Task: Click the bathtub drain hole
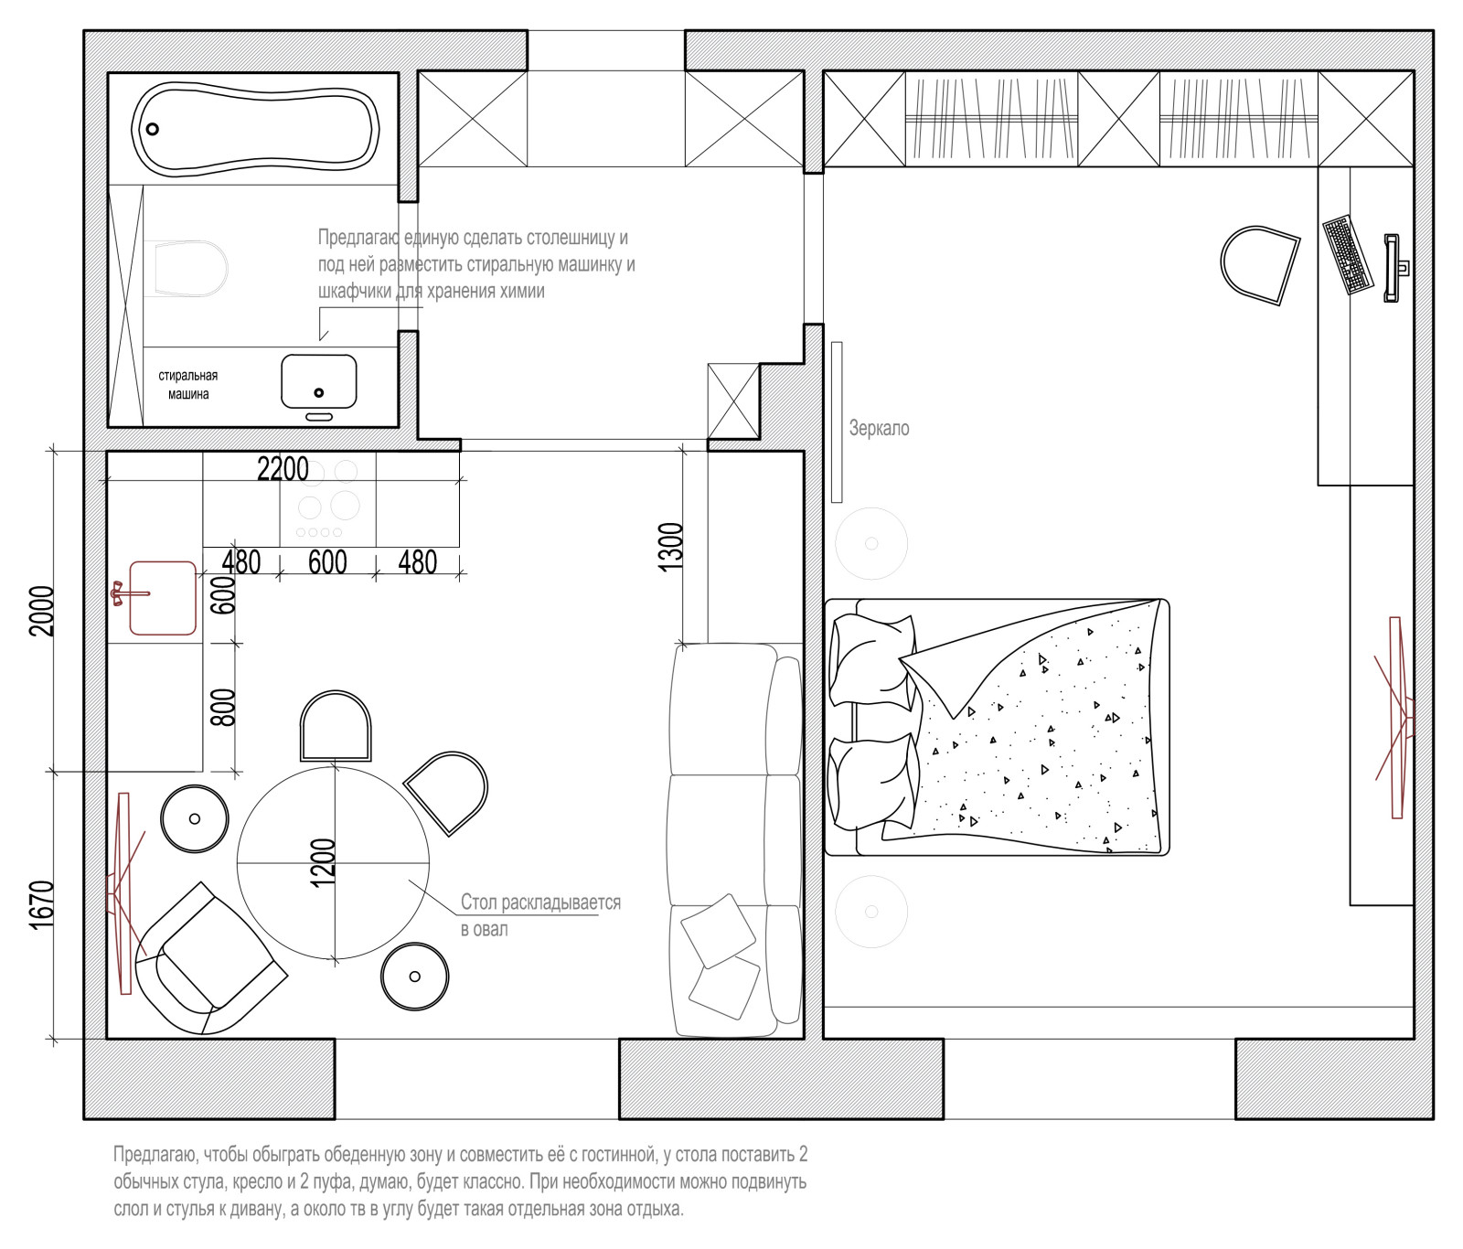pyautogui.click(x=153, y=129)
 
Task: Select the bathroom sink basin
pyautogui.click(x=319, y=381)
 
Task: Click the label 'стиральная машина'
pyautogui.click(x=188, y=385)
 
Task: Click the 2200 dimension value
pyautogui.click(x=283, y=469)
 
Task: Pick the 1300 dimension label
pyautogui.click(x=671, y=547)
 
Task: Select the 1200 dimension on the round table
pyautogui.click(x=324, y=862)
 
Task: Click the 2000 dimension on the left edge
pyautogui.click(x=42, y=611)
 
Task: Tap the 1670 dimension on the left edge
pyautogui.click(x=42, y=905)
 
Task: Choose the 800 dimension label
pyautogui.click(x=223, y=708)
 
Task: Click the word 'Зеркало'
pyautogui.click(x=879, y=428)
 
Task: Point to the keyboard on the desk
pyautogui.click(x=1348, y=255)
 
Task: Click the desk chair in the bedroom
pyautogui.click(x=1260, y=265)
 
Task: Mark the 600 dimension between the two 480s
pyautogui.click(x=327, y=561)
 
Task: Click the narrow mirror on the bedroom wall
pyautogui.click(x=837, y=422)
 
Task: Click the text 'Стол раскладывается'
pyautogui.click(x=540, y=902)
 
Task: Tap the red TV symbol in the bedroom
pyautogui.click(x=1396, y=717)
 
